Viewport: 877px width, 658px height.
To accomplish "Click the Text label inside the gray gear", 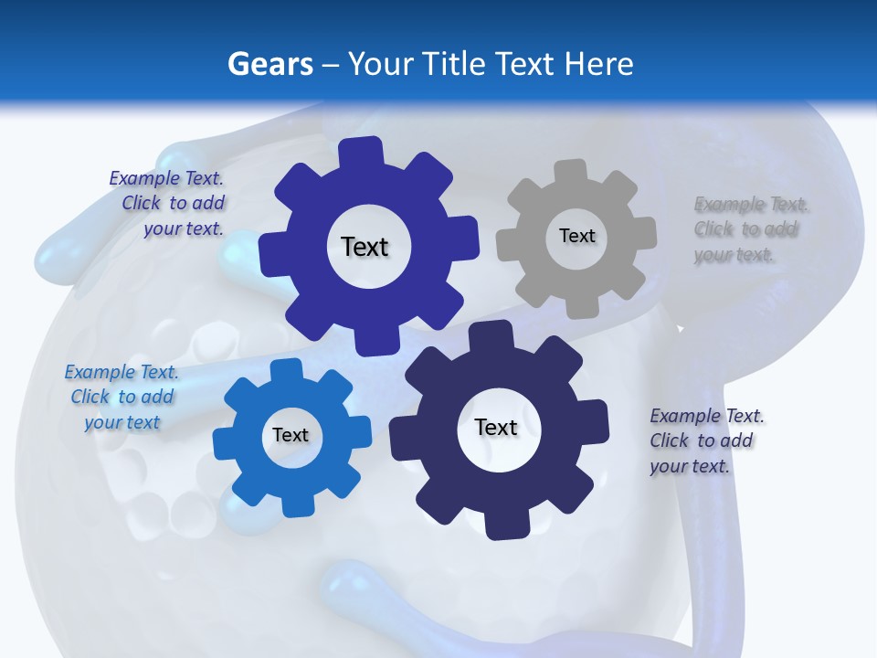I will (x=576, y=236).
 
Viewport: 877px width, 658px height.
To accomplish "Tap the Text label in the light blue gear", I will (x=291, y=435).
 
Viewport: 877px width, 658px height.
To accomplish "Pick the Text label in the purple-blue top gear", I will (x=365, y=247).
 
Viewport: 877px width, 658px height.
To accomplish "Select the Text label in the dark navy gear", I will (x=496, y=427).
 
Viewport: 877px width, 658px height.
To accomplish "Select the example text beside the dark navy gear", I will (x=705, y=440).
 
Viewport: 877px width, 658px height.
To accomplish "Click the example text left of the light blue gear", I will (x=122, y=397).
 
